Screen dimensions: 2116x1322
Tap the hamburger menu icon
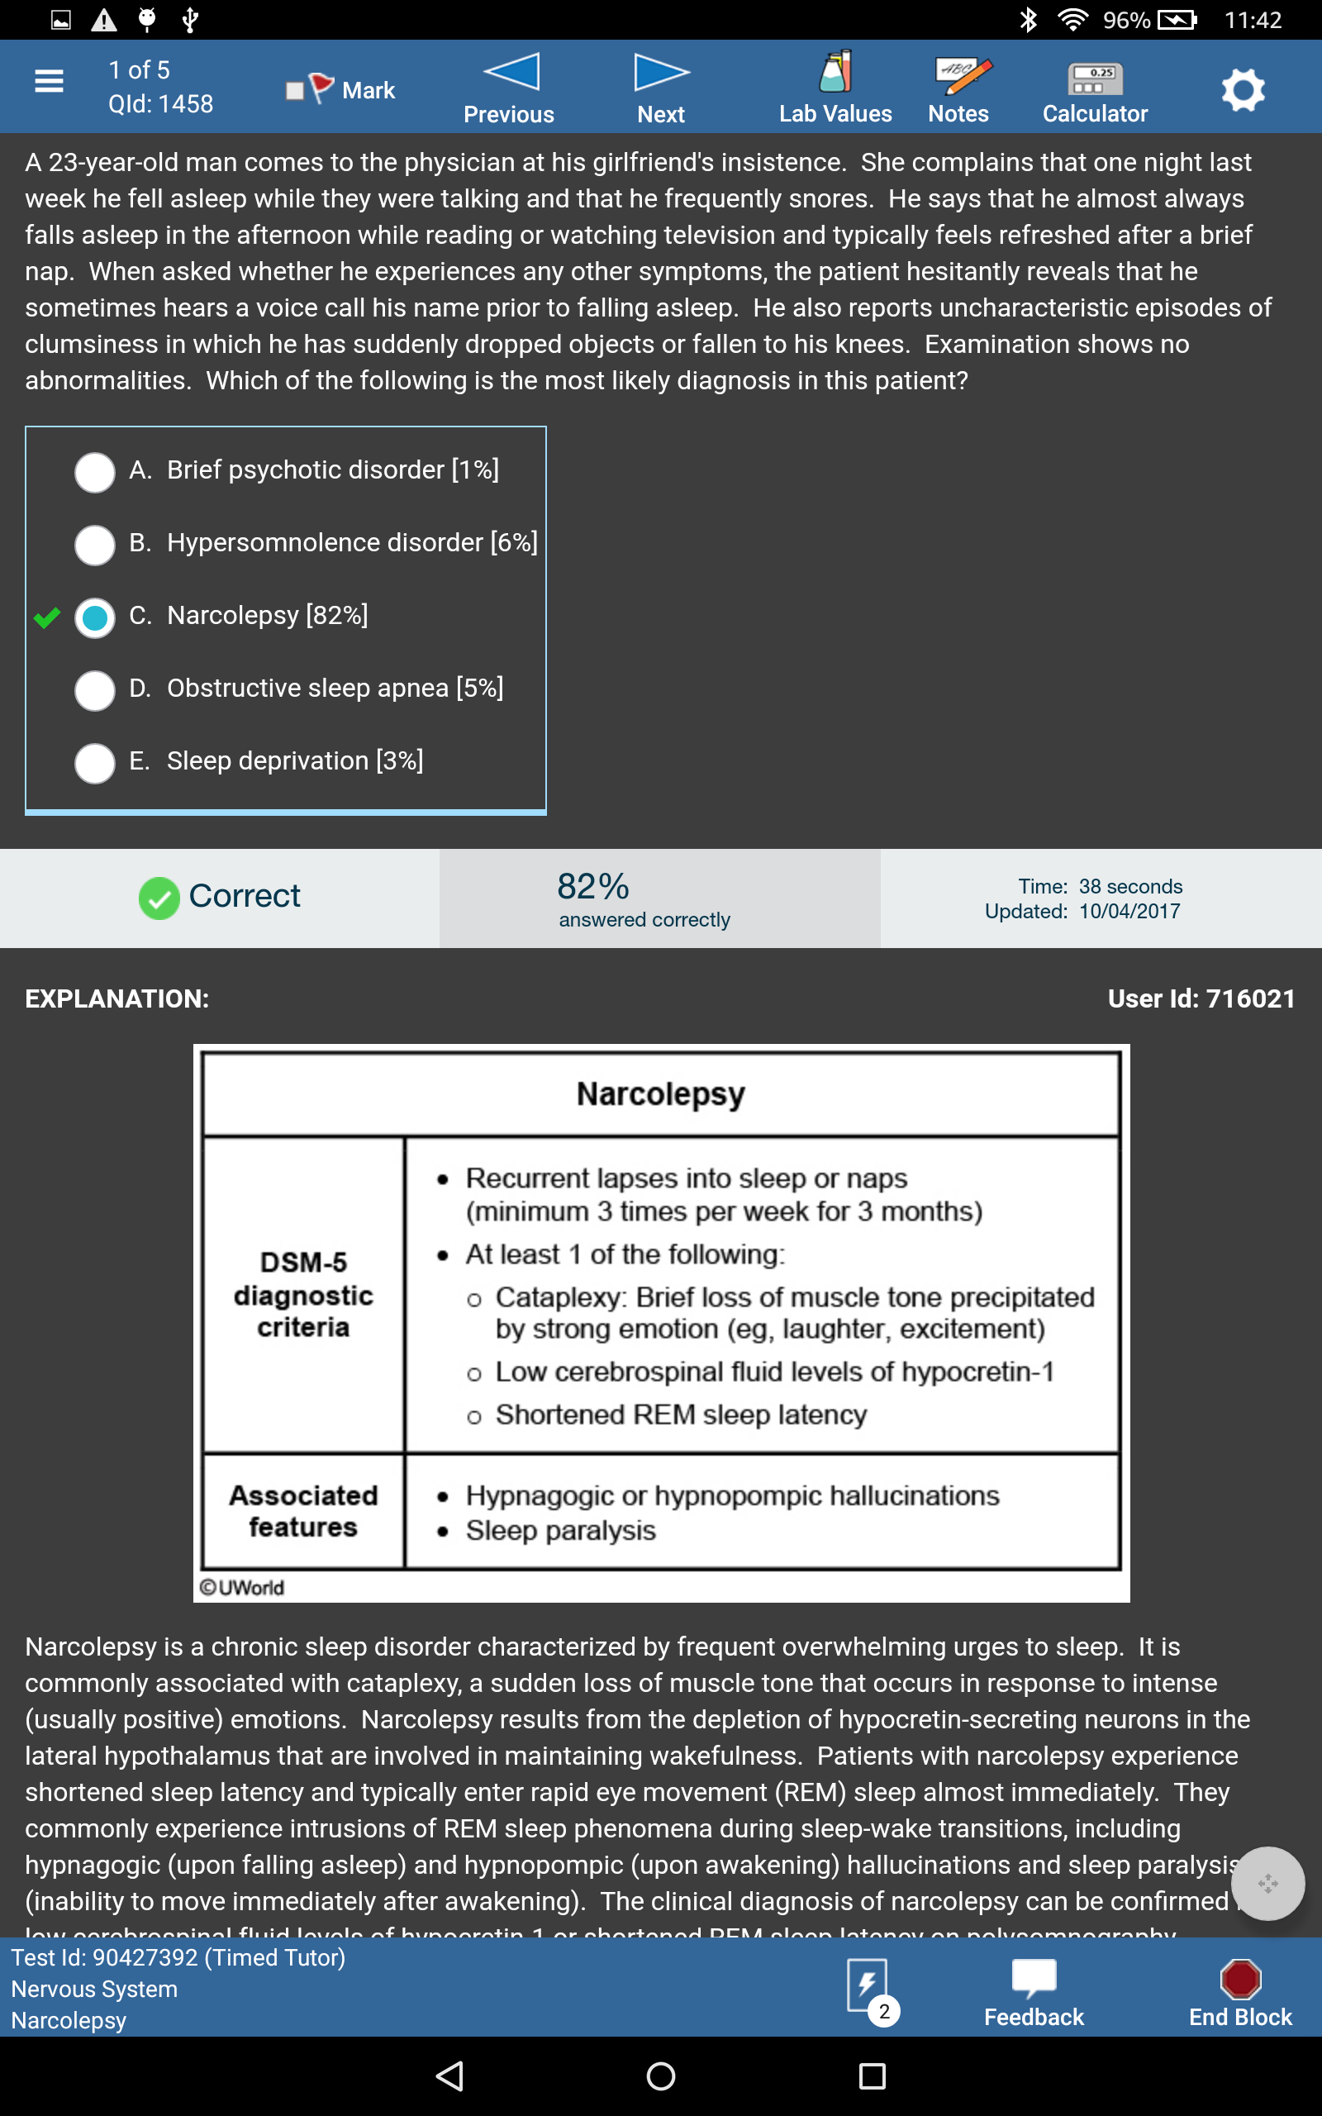click(x=49, y=81)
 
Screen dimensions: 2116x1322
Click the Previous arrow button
click(x=511, y=73)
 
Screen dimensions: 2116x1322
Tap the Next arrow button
click(x=661, y=73)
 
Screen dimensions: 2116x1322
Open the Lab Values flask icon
click(x=835, y=73)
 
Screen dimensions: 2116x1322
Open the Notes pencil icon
click(x=962, y=76)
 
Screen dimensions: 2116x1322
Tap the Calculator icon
click(x=1095, y=79)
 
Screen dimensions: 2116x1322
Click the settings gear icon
click(x=1243, y=89)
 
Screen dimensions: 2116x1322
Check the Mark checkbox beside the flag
click(x=295, y=91)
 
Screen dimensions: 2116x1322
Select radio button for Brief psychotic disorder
click(x=94, y=472)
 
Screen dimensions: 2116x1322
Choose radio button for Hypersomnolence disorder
click(x=94, y=545)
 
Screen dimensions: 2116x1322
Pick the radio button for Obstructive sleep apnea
click(x=94, y=690)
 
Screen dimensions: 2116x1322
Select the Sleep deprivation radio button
click(x=94, y=762)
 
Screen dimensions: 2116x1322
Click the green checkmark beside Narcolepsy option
click(x=47, y=618)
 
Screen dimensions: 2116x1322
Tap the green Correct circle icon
click(x=159, y=898)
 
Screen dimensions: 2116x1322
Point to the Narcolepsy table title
click(x=661, y=1094)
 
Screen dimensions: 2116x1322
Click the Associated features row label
click(x=303, y=1511)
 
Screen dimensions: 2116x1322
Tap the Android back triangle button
click(x=450, y=2075)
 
